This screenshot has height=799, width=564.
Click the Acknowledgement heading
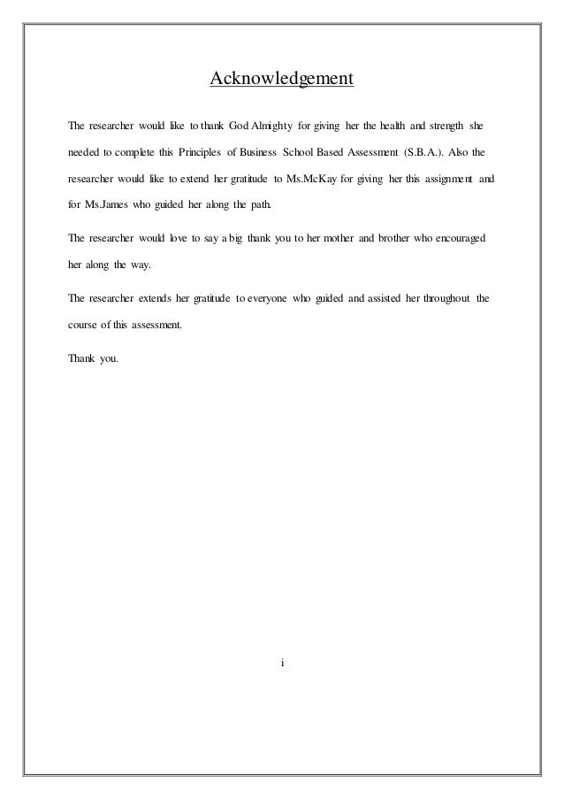pos(281,81)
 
